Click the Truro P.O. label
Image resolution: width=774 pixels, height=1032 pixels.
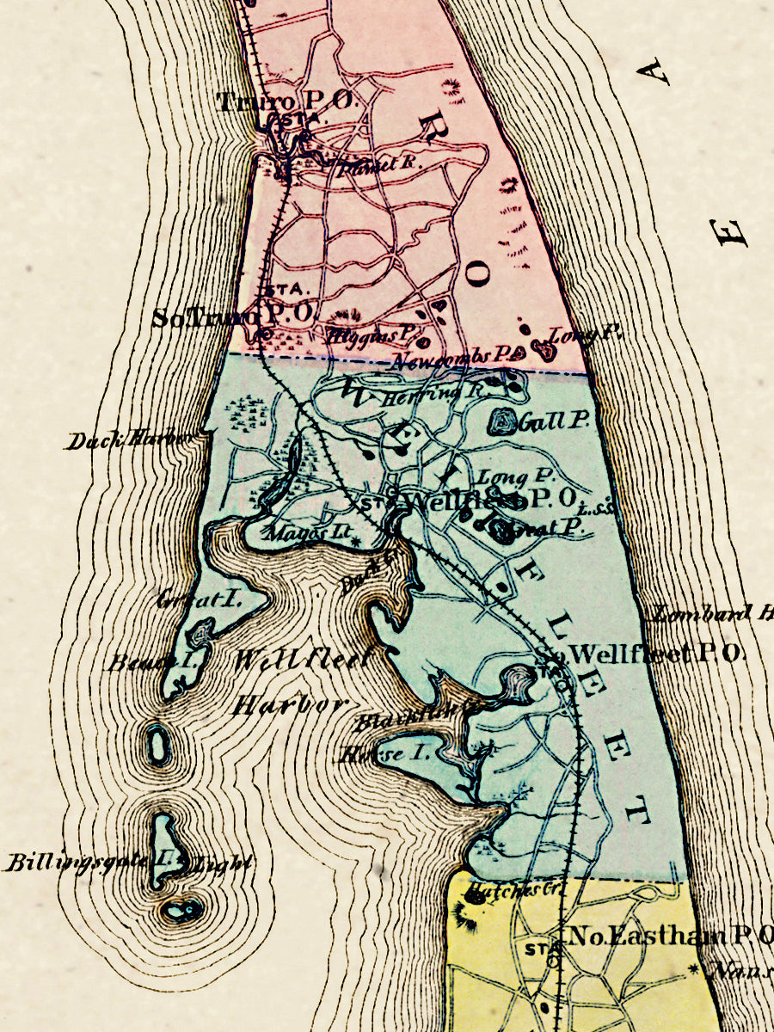tap(286, 101)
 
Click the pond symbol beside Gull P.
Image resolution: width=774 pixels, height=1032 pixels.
tap(502, 421)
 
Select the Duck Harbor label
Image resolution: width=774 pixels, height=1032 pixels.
tap(129, 440)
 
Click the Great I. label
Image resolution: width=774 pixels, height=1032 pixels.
tap(186, 599)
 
